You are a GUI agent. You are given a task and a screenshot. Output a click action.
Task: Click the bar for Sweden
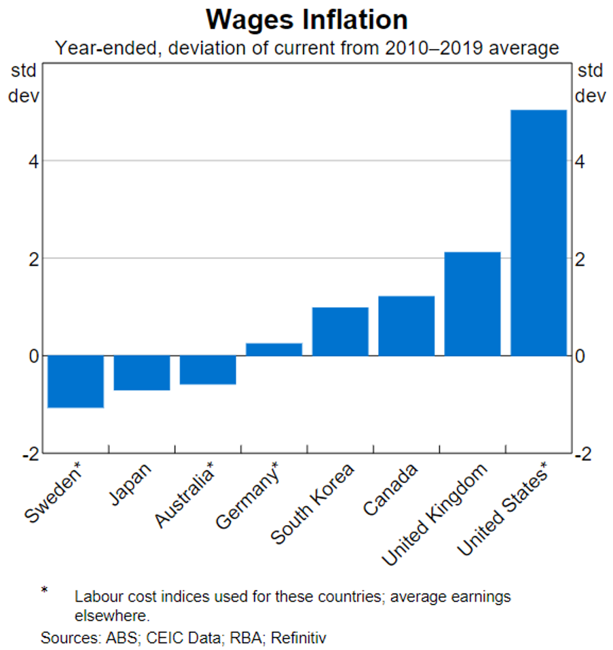[75, 381]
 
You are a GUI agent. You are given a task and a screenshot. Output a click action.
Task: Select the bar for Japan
[141, 372]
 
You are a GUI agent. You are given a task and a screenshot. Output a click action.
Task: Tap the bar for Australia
[208, 369]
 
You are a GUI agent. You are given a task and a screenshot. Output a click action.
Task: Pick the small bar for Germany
[274, 349]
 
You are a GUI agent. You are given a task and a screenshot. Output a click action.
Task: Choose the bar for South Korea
[340, 331]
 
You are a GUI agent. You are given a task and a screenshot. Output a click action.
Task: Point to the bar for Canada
[406, 326]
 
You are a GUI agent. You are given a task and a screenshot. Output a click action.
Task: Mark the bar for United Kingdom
[472, 304]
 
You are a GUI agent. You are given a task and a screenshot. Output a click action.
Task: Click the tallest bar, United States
[538, 232]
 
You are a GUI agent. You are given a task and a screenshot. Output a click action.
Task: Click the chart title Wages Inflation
[307, 20]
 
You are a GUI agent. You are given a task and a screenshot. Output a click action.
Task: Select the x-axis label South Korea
[314, 505]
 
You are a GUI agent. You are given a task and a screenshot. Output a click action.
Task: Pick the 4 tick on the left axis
[33, 162]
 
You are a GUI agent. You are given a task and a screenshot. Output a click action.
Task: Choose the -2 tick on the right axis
[583, 454]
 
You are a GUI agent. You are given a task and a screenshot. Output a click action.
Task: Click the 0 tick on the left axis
[33, 356]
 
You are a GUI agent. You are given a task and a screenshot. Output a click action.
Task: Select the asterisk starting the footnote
[45, 590]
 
